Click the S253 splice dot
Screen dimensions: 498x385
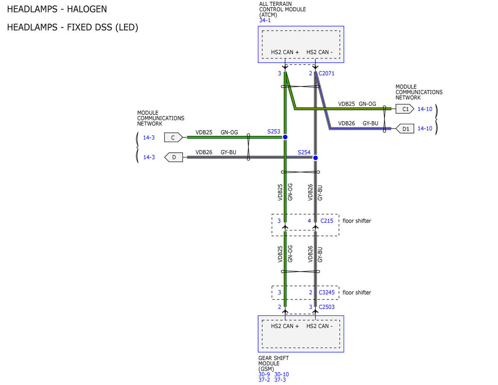(x=285, y=137)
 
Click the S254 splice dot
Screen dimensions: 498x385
(x=315, y=158)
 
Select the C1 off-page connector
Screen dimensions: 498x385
(x=405, y=109)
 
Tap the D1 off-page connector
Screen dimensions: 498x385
(x=405, y=129)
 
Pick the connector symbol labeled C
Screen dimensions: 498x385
(x=173, y=137)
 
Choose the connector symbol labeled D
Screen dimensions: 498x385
(x=173, y=157)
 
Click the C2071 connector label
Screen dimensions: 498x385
(x=326, y=74)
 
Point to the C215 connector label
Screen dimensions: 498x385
(x=327, y=221)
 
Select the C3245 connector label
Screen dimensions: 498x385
(x=327, y=292)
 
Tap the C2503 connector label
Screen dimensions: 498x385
(x=327, y=307)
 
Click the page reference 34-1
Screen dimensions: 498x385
(x=265, y=20)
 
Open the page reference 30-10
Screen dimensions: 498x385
(x=281, y=374)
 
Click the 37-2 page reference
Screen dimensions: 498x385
(x=264, y=380)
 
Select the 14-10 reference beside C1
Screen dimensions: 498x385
(x=425, y=109)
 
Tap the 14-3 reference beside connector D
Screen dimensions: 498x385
(x=149, y=157)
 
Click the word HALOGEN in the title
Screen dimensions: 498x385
(x=87, y=9)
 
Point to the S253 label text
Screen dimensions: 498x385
(x=273, y=131)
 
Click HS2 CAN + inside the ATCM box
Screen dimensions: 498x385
(x=285, y=52)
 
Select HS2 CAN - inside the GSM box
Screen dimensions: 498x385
(x=320, y=326)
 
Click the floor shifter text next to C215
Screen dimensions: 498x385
(x=356, y=221)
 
